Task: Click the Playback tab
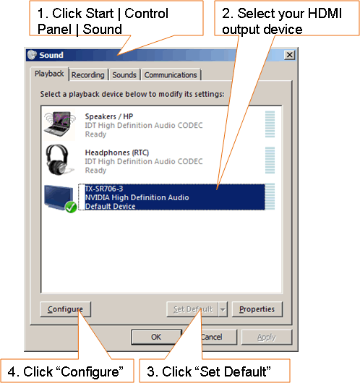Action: [x=49, y=74]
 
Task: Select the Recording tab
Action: [x=88, y=74]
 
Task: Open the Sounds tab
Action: [x=124, y=74]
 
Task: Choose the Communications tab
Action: [x=171, y=74]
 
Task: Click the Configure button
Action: [x=66, y=309]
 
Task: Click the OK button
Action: [x=156, y=337]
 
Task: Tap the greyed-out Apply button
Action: [x=267, y=337]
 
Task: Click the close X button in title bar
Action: [x=290, y=55]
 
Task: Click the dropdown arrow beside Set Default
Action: [x=223, y=309]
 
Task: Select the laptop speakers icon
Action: [x=59, y=124]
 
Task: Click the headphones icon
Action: [x=59, y=160]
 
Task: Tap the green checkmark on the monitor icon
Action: [x=71, y=207]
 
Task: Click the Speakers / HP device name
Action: [x=109, y=116]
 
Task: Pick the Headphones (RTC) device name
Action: [x=117, y=152]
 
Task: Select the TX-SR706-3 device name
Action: [x=104, y=189]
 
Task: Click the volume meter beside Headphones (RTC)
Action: [x=270, y=160]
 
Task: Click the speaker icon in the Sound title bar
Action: [x=32, y=55]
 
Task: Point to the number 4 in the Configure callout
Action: [x=12, y=371]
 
